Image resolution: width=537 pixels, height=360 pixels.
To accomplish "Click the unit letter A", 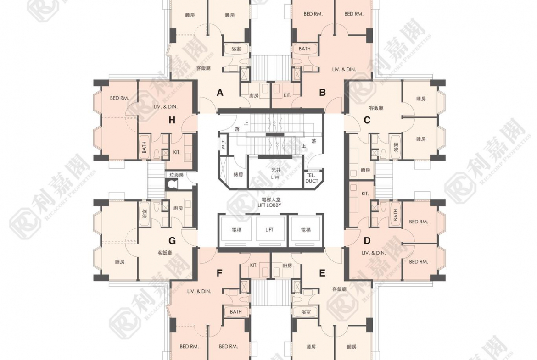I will point(220,93).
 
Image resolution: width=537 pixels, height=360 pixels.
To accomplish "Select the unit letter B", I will point(322,93).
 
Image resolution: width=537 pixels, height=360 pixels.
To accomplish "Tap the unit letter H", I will point(172,120).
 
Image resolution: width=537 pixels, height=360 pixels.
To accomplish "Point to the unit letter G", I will point(172,240).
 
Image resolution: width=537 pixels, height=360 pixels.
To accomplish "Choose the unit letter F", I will point(219,273).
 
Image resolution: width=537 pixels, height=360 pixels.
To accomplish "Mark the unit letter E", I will point(322,273).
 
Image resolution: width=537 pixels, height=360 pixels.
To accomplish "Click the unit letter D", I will point(367,240).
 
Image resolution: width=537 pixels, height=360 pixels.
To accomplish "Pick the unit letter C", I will point(367,120).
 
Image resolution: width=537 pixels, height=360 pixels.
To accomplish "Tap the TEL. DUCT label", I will point(312,178).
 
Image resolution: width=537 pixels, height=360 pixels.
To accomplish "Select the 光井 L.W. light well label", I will point(275,173).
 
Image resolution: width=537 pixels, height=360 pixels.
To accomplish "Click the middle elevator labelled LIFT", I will point(269,230).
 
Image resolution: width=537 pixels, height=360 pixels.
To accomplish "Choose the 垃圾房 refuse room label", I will point(176,175).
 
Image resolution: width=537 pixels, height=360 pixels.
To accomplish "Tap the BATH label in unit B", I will point(304,49).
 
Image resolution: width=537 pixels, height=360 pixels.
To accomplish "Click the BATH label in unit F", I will point(236,312).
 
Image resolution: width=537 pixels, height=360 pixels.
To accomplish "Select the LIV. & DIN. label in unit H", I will point(165,106).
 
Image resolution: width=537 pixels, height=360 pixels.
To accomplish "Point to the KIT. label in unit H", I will point(177,152).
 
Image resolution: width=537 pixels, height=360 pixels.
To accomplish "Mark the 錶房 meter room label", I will point(238,174).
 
